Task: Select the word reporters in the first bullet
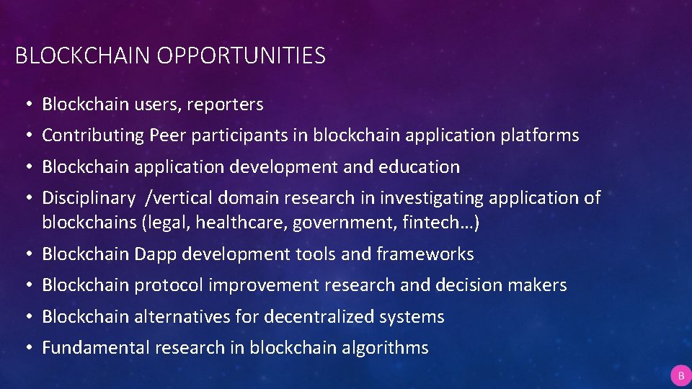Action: (x=225, y=104)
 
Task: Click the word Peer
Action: (x=167, y=135)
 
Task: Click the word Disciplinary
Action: (x=88, y=198)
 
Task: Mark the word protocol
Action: (x=169, y=285)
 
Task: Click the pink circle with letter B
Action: (x=680, y=375)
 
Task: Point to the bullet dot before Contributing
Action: (x=25, y=136)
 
